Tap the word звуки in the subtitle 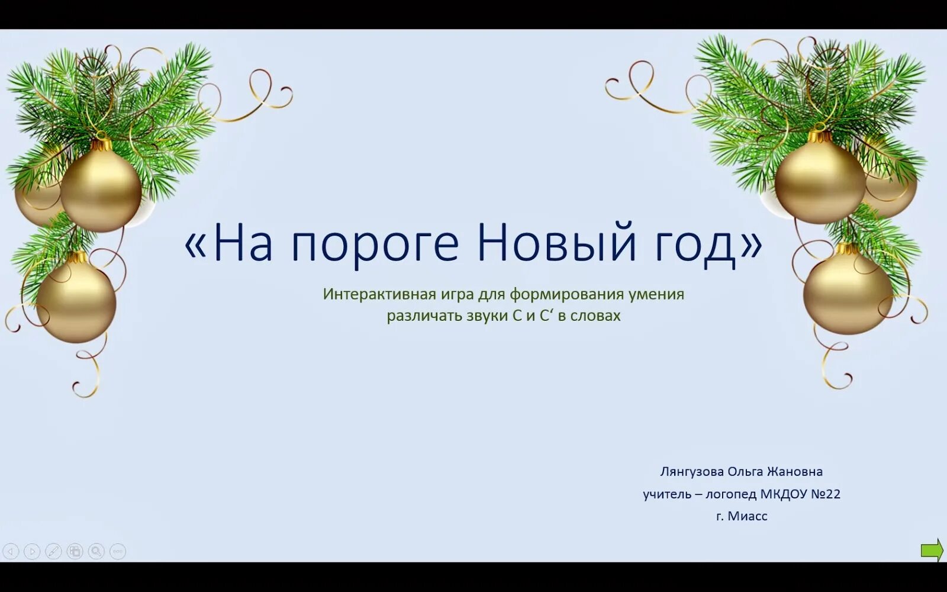click(487, 316)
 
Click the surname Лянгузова click(691, 472)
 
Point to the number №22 click(825, 494)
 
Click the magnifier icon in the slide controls click(96, 552)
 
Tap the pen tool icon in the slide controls click(53, 552)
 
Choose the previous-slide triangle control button click(11, 552)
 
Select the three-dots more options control click(118, 552)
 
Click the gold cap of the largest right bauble click(820, 136)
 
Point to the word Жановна click(794, 472)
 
